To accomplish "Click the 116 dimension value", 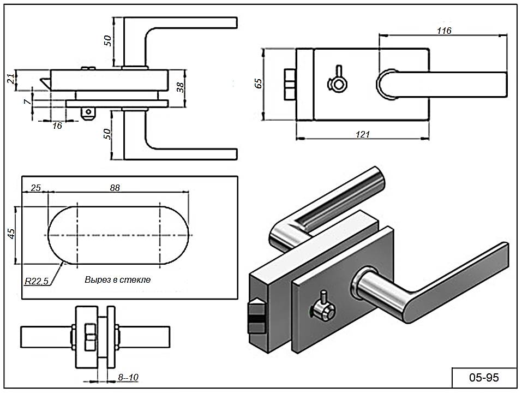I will click(x=445, y=31).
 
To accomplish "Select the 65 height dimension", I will click(x=259, y=84).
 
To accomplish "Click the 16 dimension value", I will click(x=57, y=126).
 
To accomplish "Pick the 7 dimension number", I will click(x=26, y=102).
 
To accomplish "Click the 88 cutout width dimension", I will click(x=115, y=188).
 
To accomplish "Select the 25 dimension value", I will click(x=35, y=188).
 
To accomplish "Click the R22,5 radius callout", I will click(x=37, y=281).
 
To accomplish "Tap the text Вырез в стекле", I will click(x=117, y=279).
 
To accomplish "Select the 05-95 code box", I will click(x=484, y=377).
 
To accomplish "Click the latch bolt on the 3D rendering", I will click(x=255, y=317).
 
